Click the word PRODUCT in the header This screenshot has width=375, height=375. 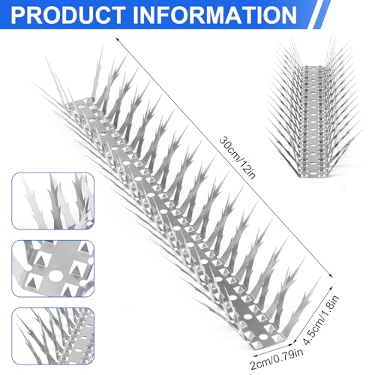tap(68, 15)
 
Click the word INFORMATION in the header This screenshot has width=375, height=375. tap(214, 15)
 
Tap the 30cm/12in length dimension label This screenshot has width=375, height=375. tap(237, 157)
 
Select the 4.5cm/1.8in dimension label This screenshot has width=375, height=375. tap(320, 320)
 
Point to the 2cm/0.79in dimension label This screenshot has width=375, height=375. tap(277, 359)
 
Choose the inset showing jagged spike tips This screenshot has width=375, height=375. tap(53, 201)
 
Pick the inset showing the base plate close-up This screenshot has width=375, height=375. tap(53, 268)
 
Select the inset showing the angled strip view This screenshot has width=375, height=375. tap(53, 336)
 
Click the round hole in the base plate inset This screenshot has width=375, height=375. tap(55, 276)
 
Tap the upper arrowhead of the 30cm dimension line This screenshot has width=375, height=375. tap(117, 39)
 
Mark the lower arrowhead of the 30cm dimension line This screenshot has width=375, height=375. tap(331, 276)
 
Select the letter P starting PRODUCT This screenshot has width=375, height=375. tap(18, 15)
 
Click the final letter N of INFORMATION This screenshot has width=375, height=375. tap(288, 15)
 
